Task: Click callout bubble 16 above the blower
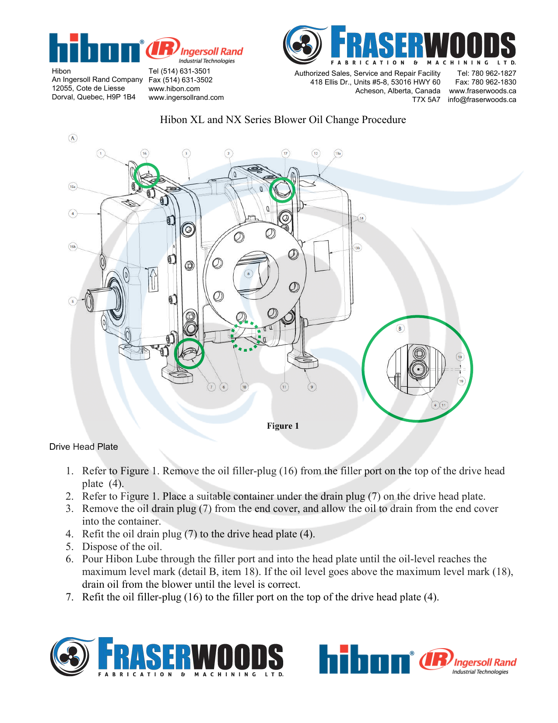click(144, 153)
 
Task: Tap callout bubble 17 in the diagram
click(285, 153)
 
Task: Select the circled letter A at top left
click(73, 138)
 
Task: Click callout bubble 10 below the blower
click(244, 387)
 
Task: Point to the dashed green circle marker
click(246, 336)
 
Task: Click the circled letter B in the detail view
click(400, 328)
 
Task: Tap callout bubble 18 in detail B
click(460, 357)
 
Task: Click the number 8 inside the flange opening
click(249, 274)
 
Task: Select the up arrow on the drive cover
click(153, 280)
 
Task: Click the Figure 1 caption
click(283, 426)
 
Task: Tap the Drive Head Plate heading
click(84, 447)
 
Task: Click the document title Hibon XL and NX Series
click(283, 120)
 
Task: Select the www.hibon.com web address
click(174, 88)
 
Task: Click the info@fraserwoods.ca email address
click(481, 99)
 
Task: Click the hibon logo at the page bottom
click(366, 659)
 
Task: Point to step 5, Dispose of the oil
click(122, 547)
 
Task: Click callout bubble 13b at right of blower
click(357, 248)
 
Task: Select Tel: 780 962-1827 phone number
click(486, 73)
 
